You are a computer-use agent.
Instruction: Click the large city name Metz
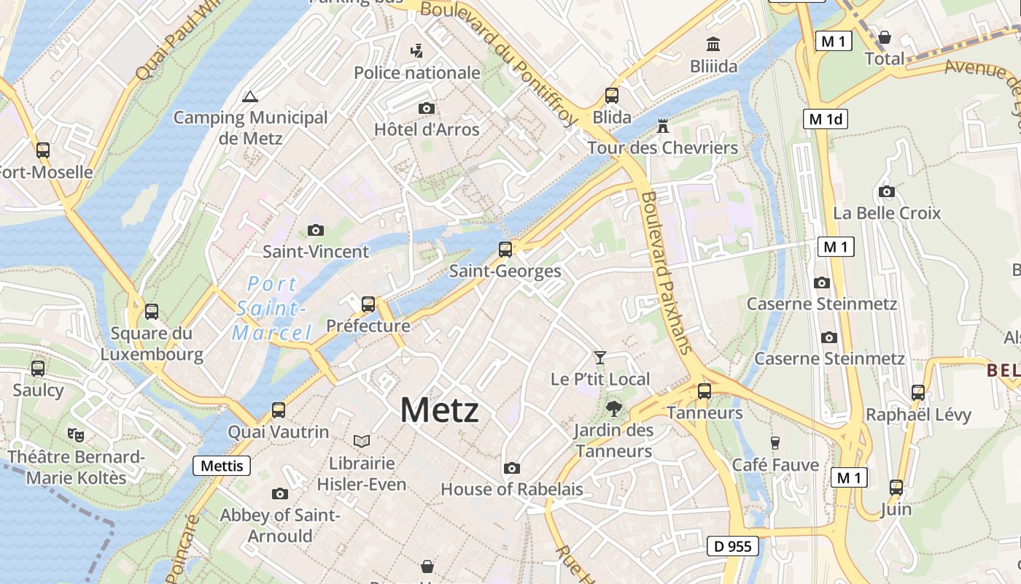tap(439, 410)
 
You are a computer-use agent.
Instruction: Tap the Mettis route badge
tap(222, 466)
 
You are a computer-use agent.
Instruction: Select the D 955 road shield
tap(733, 546)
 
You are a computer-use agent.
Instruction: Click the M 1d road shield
tap(826, 119)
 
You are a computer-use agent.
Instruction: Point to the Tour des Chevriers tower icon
tap(663, 126)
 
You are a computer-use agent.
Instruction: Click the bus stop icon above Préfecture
tap(368, 304)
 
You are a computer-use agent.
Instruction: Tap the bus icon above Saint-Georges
tap(505, 250)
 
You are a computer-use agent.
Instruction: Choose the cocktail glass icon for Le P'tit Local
tap(600, 357)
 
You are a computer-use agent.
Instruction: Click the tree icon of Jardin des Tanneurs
tap(613, 409)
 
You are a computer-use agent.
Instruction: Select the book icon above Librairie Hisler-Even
tap(362, 441)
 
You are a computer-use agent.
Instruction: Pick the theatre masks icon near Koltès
tap(76, 435)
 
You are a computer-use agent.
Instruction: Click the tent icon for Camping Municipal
tap(250, 96)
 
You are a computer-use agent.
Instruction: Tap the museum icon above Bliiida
tap(713, 44)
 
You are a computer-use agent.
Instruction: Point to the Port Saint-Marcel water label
tap(272, 309)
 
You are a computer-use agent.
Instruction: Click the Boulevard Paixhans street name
tap(666, 272)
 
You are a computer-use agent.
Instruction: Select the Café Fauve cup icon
tap(775, 442)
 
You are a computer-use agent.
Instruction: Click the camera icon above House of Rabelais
tap(512, 468)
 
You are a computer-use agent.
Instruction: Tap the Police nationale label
tap(417, 73)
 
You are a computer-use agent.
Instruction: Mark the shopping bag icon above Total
tap(885, 36)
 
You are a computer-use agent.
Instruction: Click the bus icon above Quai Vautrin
tap(278, 410)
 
